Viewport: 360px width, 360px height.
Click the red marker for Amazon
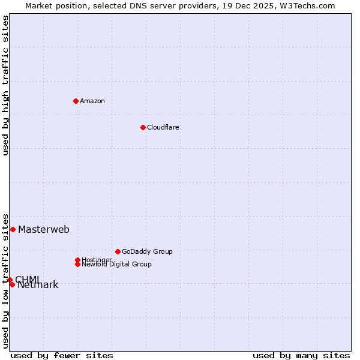(x=76, y=101)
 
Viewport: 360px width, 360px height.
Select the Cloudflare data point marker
(x=143, y=127)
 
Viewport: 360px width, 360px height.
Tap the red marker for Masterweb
(x=13, y=229)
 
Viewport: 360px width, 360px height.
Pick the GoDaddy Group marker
(x=118, y=251)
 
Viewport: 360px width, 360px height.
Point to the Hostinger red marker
(x=77, y=260)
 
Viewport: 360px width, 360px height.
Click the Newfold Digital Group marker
(x=77, y=264)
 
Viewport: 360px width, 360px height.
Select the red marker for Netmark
(x=12, y=284)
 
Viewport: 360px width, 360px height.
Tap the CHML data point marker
(x=10, y=280)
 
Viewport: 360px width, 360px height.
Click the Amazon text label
(x=92, y=101)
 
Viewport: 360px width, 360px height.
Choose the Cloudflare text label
(x=163, y=127)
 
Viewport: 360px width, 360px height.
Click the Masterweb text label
(x=44, y=229)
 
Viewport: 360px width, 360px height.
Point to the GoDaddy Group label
(x=147, y=251)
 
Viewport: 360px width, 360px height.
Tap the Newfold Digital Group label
(x=116, y=264)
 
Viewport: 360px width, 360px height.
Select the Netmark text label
(x=38, y=285)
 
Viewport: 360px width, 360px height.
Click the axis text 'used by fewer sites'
(x=62, y=355)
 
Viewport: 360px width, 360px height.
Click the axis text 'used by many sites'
(x=301, y=355)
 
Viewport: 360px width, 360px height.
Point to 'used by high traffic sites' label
(x=5, y=85)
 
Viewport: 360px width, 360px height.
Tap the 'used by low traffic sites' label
(x=5, y=280)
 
